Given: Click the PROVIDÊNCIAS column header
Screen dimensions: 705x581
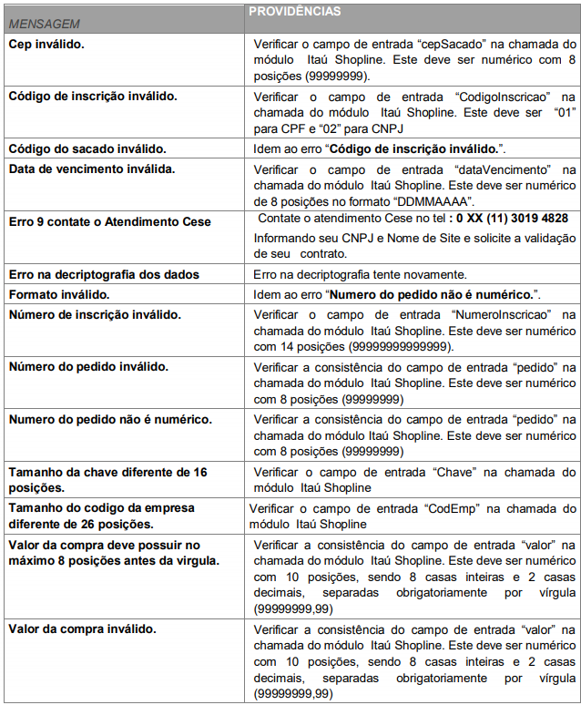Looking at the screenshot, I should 295,12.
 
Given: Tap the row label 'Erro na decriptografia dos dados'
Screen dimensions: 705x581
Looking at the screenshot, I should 104,274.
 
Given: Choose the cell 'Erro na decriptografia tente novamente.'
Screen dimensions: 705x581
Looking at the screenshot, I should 360,274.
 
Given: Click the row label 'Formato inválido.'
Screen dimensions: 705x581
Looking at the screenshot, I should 58,294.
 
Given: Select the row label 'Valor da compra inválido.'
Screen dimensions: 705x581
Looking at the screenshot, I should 82,628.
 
